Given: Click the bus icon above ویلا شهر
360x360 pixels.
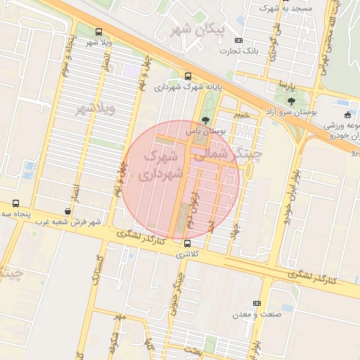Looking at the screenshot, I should [x=98, y=32].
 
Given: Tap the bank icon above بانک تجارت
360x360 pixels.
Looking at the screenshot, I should [x=238, y=40].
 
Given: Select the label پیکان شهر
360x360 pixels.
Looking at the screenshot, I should [x=192, y=29].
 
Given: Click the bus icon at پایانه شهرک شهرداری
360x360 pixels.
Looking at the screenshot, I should [x=188, y=76].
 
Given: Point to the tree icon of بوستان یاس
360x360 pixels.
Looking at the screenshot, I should [x=205, y=120].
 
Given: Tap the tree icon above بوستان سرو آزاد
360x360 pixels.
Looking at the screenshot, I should [x=292, y=101].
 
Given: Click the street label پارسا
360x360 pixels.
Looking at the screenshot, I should [x=285, y=86].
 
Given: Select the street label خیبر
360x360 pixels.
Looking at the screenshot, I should [x=241, y=112].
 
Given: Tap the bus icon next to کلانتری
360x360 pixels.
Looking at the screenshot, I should [x=186, y=243].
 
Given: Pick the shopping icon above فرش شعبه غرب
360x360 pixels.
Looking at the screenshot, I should [x=67, y=210].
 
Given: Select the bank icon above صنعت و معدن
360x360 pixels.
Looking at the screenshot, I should [x=257, y=303].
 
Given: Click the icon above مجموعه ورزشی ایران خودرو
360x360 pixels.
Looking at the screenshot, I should [x=347, y=115].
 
